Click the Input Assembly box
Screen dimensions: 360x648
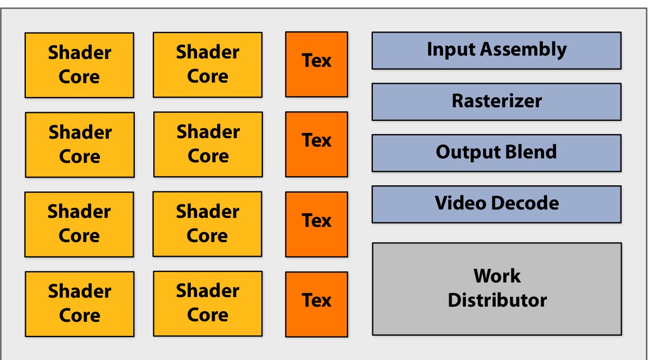click(496, 51)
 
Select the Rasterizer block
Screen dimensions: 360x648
click(496, 102)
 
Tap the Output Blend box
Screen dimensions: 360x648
click(496, 153)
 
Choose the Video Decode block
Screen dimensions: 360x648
click(496, 204)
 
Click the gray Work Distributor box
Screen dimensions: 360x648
click(496, 289)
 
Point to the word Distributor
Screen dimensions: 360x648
click(497, 300)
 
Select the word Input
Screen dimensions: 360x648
click(450, 49)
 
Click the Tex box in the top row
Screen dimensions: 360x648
click(317, 64)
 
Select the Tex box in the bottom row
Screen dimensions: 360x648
click(317, 304)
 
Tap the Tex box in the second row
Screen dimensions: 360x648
click(317, 144)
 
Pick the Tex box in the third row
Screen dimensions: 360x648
click(317, 224)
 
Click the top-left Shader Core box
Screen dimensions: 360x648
click(79, 65)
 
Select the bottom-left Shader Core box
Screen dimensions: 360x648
click(79, 304)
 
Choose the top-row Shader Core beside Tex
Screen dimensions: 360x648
click(207, 65)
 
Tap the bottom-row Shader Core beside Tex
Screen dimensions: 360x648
click(207, 303)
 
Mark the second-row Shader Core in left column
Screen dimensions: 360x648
click(80, 145)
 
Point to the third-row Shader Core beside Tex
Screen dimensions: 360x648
click(207, 224)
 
